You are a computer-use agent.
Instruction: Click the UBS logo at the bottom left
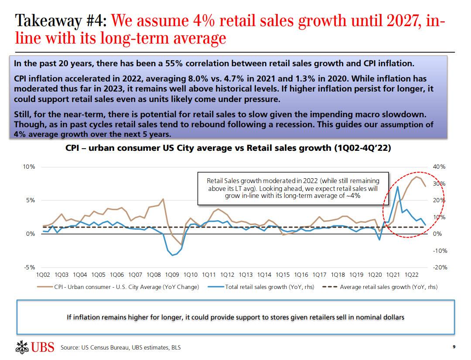click(x=34, y=347)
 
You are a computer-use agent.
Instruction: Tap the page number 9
click(x=454, y=347)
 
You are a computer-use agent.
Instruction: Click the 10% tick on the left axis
click(x=29, y=167)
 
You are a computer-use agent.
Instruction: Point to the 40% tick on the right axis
click(x=440, y=167)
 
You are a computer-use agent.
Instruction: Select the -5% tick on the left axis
click(x=30, y=268)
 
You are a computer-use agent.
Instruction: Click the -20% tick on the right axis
click(x=440, y=268)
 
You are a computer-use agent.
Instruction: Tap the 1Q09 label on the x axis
click(x=172, y=275)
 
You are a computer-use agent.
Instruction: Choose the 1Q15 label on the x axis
click(x=283, y=275)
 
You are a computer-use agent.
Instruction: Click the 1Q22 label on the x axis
click(x=412, y=275)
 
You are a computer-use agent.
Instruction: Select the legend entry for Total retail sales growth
click(x=264, y=287)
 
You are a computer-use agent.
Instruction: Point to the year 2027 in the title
click(x=399, y=21)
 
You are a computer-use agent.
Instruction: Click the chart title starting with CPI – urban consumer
click(x=228, y=148)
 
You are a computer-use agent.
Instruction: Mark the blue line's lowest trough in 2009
click(x=172, y=255)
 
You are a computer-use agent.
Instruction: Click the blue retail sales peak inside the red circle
click(x=398, y=187)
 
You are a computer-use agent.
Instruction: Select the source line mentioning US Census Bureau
click(x=120, y=347)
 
